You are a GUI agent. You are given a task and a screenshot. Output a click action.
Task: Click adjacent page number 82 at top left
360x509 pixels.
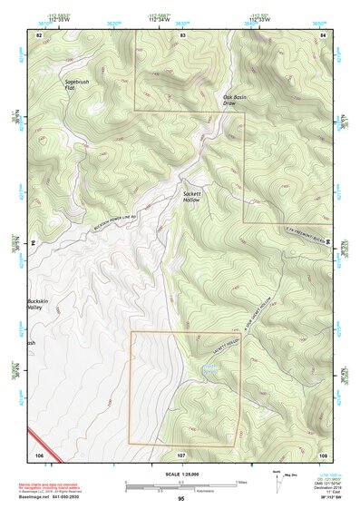pos(39,34)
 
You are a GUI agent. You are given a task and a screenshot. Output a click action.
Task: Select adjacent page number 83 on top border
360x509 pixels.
pos(182,34)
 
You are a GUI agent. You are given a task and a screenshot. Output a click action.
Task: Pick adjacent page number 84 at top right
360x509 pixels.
pos(323,34)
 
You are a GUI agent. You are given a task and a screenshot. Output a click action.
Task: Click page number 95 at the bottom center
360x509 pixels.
pos(181,499)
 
